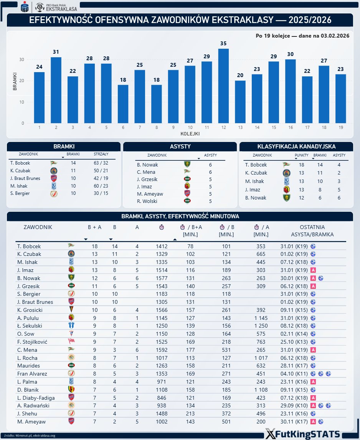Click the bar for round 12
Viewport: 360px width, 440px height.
[223, 86]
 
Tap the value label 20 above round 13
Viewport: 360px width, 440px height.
[240, 75]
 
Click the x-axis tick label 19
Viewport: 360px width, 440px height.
[341, 127]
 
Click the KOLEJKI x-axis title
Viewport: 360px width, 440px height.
[190, 134]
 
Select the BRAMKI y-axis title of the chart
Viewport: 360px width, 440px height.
[15, 81]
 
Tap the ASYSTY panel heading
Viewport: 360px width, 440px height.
[180, 146]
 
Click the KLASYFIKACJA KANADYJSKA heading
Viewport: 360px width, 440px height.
[296, 146]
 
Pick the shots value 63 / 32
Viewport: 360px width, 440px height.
[101, 163]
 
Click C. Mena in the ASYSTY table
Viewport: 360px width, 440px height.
[146, 172]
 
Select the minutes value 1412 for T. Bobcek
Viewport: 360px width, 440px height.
[162, 246]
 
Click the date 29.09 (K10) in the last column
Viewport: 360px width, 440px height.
[294, 405]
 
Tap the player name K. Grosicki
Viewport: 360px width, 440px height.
[30, 310]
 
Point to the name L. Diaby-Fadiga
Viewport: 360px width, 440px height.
[36, 397]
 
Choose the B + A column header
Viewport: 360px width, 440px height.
[94, 227]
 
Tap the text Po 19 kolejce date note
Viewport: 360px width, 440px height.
[302, 36]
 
